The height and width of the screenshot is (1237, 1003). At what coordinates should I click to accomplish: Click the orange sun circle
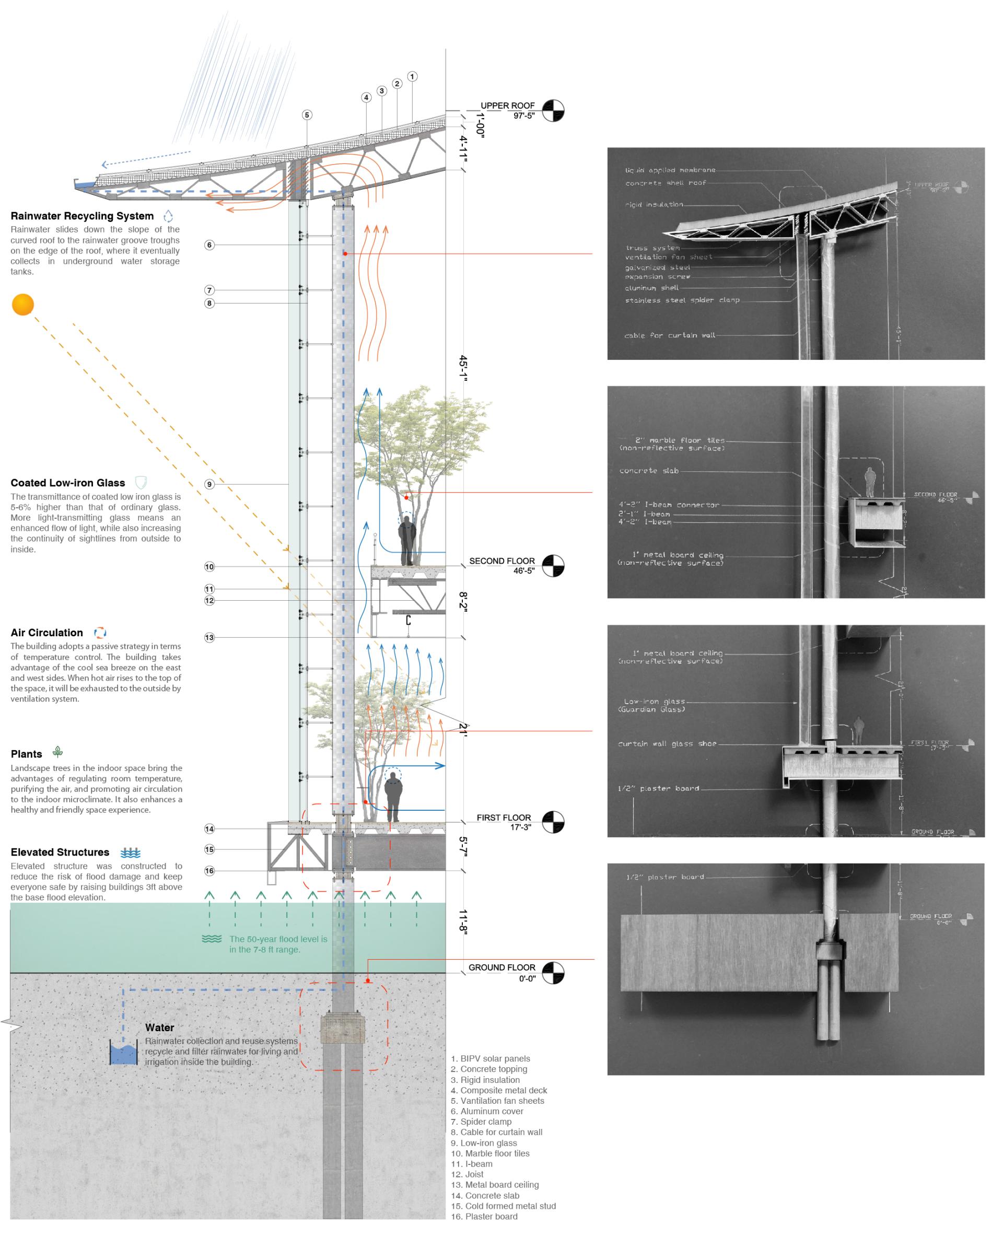coord(23,305)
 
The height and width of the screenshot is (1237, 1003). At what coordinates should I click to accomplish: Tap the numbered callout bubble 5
coord(307,115)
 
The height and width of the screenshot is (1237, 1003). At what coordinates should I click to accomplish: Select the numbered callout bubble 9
coord(209,484)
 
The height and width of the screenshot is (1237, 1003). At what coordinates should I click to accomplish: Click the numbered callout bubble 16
coord(209,871)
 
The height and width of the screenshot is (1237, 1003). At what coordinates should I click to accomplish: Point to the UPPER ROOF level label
coord(507,106)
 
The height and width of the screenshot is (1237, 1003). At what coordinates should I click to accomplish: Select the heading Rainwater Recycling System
coord(82,216)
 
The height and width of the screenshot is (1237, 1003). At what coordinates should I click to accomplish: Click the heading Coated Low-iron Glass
coord(67,483)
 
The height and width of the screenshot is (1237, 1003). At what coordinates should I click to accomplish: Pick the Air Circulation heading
coord(47,633)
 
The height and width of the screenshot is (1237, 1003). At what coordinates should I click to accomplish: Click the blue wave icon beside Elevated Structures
coord(131,853)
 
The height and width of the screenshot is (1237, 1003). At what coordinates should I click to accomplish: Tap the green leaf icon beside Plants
coord(58,752)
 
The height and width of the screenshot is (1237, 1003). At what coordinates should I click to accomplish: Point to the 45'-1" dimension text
coord(462,368)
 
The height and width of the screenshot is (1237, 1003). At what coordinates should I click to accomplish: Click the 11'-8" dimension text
coord(462,921)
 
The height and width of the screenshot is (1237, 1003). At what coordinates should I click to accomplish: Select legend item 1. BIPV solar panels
coord(490,1058)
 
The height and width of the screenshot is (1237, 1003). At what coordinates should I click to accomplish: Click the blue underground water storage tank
coord(124,1054)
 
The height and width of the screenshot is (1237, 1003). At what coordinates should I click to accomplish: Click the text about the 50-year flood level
coord(277,944)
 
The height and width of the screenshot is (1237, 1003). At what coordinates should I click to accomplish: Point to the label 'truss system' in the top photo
coord(652,248)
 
